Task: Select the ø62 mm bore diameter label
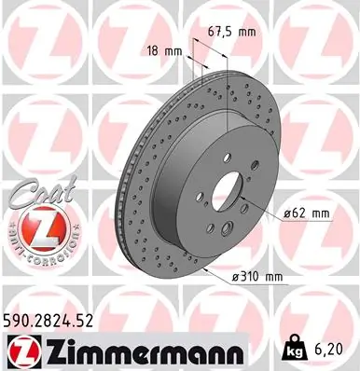[x=307, y=215]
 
